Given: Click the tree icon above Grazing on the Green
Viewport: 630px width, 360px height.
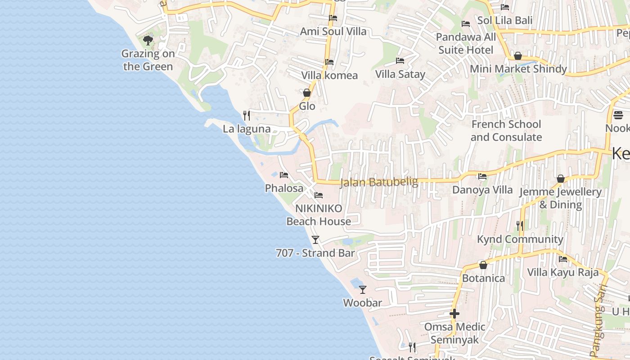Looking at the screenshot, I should pos(148,40).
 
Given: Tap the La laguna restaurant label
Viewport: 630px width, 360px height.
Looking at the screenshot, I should pos(247,129).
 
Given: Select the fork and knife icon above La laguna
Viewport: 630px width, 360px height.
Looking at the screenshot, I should pos(246,116).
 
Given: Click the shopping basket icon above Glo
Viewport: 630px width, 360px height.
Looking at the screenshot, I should pos(307,93).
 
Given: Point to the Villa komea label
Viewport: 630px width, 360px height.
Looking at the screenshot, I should pos(329,75).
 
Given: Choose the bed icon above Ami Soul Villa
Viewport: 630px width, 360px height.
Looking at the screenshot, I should pos(333,18).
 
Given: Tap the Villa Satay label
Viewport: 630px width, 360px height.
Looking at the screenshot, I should pos(400,74).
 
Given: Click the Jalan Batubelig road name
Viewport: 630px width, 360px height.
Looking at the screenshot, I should pos(379,182).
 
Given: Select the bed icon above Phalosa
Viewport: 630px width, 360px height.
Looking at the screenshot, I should pos(283,175).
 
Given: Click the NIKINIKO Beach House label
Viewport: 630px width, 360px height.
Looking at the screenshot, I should pos(319,215).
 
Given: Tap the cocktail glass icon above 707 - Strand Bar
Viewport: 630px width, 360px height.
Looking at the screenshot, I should pos(315,239).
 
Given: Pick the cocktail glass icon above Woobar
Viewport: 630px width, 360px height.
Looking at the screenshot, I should pos(363,290).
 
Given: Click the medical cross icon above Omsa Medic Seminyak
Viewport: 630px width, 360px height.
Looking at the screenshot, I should pos(454,313).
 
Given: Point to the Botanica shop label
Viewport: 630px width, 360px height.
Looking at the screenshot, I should pos(483,278).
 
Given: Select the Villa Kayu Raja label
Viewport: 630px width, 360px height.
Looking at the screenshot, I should pos(562,272).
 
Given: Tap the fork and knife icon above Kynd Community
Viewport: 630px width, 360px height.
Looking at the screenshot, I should pos(520,225).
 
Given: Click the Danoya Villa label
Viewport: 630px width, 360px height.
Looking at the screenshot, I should pos(482,190).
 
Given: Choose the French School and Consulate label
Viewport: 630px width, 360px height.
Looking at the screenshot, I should pos(506,130).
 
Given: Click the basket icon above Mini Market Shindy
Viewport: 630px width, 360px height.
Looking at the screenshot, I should pos(518,56).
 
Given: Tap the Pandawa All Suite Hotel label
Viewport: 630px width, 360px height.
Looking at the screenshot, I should pos(466,43).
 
